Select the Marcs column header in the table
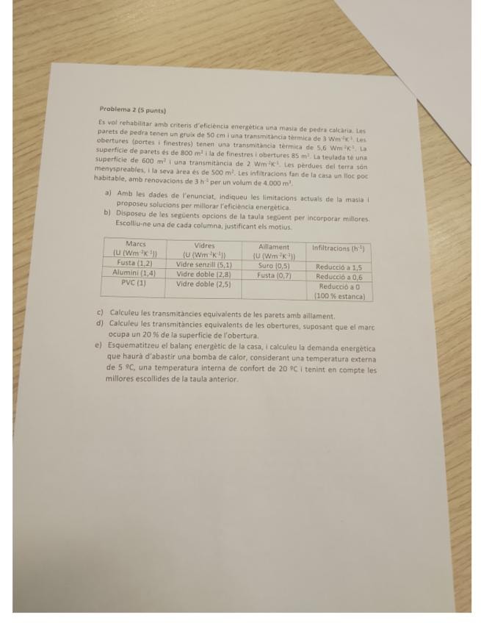136,244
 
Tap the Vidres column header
204,245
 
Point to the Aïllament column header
274,247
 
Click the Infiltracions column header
338,248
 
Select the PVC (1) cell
134,281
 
